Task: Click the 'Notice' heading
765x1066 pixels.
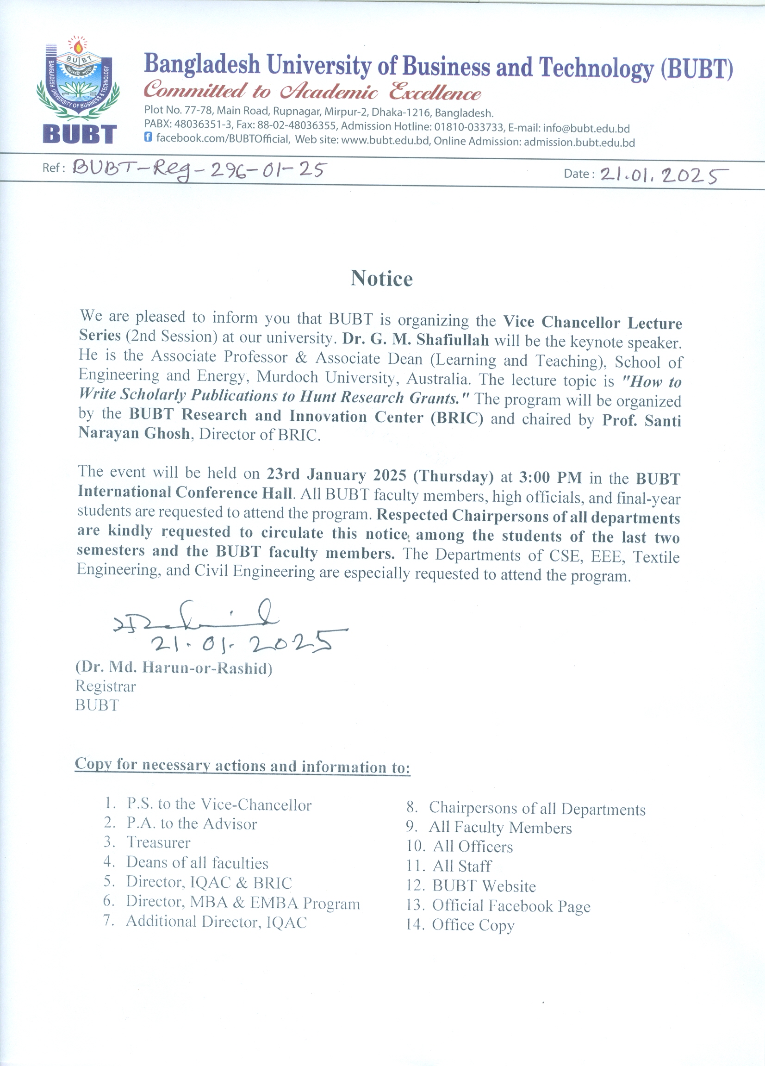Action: click(x=381, y=279)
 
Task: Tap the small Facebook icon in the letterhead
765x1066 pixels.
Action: click(x=148, y=137)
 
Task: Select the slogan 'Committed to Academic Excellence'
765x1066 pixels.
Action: click(x=312, y=91)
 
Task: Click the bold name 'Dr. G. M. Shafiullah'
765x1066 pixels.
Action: click(x=416, y=339)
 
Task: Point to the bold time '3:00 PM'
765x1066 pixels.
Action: click(x=550, y=478)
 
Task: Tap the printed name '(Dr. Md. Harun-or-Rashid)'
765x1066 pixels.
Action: click(x=174, y=668)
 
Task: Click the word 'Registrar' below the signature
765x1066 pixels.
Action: click(x=106, y=687)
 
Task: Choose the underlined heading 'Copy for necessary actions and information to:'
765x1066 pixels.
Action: click(x=243, y=766)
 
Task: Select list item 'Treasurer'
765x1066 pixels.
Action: click(x=158, y=843)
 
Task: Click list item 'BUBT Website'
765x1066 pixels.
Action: click(x=484, y=886)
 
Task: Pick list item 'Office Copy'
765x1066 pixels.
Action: click(x=473, y=925)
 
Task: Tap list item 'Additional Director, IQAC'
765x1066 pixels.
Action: click(x=216, y=922)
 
